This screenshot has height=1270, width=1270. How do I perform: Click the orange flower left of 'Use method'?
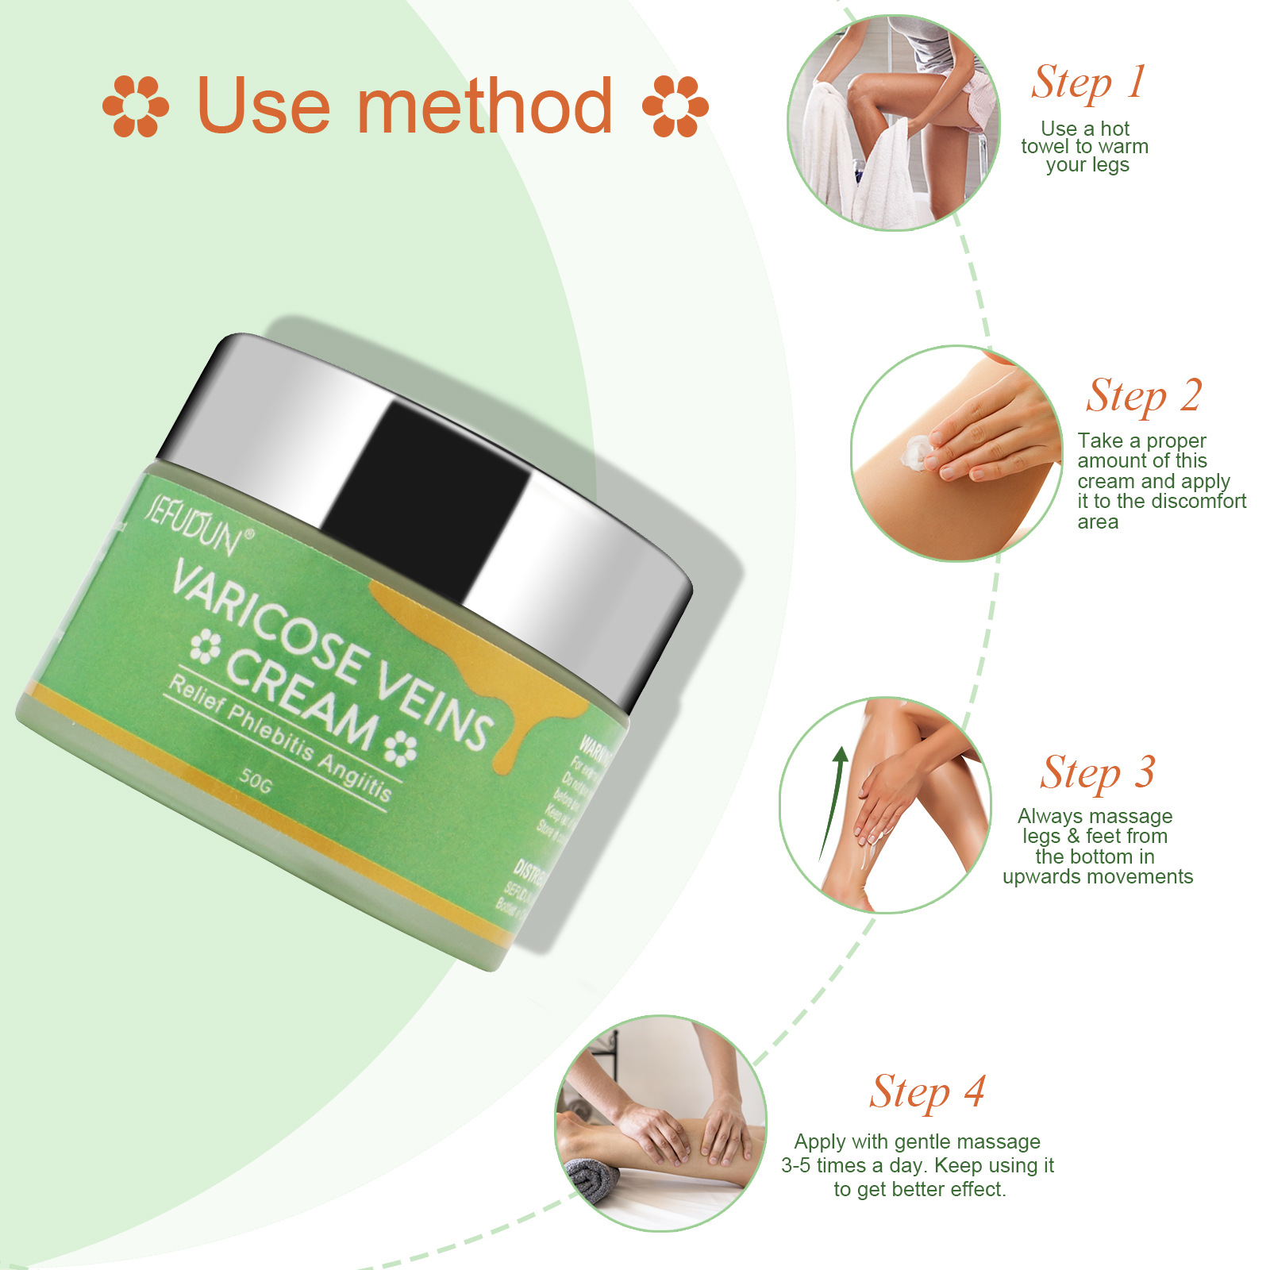[x=136, y=106]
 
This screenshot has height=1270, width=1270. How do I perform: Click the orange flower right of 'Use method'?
[x=675, y=106]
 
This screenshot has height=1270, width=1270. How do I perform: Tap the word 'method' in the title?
[x=484, y=106]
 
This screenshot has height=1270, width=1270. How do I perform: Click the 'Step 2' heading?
[x=1144, y=396]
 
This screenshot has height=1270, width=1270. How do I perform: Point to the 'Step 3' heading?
[x=1098, y=773]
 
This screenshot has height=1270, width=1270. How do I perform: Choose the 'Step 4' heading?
[x=927, y=1093]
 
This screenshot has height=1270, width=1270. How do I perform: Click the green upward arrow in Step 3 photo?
[x=833, y=802]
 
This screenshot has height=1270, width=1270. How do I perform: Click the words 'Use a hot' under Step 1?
[x=1084, y=129]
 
